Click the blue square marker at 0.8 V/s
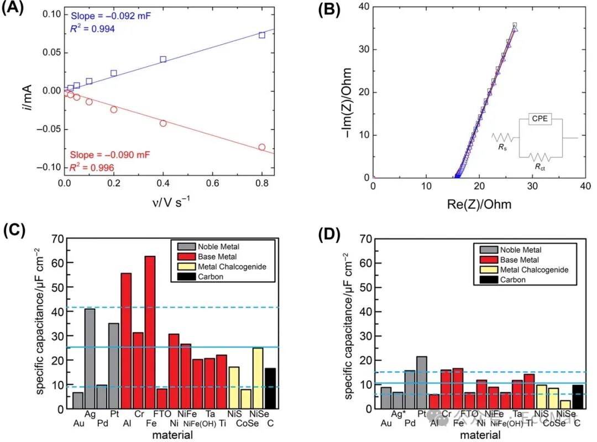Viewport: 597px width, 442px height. coord(262,35)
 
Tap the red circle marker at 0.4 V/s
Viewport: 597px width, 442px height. coord(163,123)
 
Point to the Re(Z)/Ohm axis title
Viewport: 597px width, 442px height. coord(472,204)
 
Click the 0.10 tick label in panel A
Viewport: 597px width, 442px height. coord(48,14)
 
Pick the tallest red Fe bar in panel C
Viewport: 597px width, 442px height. coord(150,332)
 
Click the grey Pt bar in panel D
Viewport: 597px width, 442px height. coord(421,382)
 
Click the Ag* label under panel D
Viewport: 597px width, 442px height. coord(396,414)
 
